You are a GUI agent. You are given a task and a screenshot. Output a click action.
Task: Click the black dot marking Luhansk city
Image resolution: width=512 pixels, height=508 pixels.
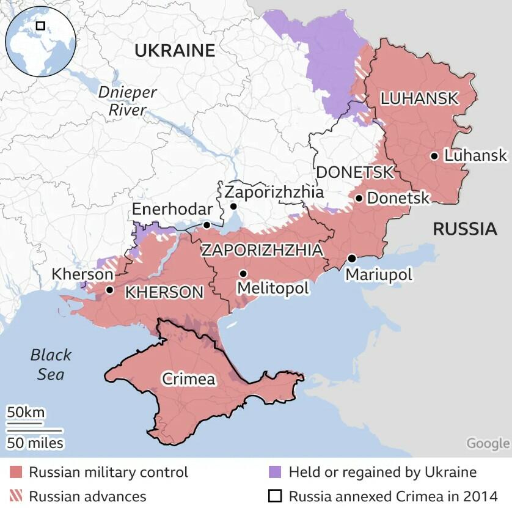coord(434,156)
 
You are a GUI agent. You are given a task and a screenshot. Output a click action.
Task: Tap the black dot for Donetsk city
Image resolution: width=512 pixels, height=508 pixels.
coord(359,198)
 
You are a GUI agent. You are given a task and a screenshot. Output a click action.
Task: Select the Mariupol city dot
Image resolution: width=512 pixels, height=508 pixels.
coord(352,258)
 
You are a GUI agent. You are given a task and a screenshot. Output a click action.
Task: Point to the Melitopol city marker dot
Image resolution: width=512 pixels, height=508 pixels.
coord(243,273)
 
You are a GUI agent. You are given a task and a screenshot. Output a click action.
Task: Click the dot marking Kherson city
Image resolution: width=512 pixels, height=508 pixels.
coord(109,290)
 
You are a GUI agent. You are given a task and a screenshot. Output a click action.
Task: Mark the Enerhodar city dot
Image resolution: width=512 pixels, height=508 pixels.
coord(207,225)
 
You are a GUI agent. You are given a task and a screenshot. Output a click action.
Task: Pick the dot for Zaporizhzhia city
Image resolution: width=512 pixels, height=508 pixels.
coord(233,207)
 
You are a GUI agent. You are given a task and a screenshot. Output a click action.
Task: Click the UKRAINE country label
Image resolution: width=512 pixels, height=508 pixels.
coord(175,51)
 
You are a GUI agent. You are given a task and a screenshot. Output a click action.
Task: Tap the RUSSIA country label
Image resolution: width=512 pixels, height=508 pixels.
coord(464,229)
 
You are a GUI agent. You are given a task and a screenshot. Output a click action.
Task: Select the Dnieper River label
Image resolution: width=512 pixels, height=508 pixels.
coord(128,101)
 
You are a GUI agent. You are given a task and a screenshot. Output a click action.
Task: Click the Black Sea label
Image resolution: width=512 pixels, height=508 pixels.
coord(51,364)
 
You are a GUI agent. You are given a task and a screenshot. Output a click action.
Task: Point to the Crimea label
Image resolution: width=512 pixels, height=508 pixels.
coord(189,379)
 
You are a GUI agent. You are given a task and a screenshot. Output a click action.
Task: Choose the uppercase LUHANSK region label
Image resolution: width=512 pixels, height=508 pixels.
coord(419,98)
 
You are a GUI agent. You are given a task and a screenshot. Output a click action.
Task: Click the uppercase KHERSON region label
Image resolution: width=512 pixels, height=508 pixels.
coord(164,292)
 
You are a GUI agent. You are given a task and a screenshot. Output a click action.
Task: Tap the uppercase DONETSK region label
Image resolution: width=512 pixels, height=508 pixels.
coord(354,172)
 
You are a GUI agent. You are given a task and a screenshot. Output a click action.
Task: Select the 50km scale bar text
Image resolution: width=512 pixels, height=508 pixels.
coord(26,411)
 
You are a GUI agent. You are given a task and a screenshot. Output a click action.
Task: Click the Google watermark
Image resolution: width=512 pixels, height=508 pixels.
coord(487,443)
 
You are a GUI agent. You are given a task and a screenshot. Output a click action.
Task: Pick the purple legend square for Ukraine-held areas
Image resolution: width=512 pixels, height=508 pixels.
coord(275,473)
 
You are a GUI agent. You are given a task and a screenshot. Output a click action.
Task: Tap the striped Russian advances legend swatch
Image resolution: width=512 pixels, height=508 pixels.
coord(16,496)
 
